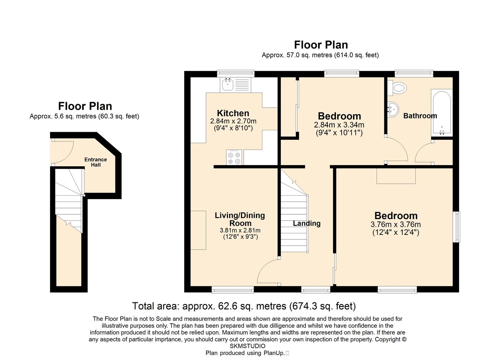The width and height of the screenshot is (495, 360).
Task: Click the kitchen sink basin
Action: point(228,85)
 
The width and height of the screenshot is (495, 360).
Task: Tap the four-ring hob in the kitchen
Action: point(234,158)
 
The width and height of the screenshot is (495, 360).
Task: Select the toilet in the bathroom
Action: point(397,88)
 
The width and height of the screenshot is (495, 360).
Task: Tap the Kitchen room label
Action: point(233,113)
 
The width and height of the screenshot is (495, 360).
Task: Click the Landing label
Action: point(307,223)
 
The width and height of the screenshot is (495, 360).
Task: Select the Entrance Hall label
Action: point(96,162)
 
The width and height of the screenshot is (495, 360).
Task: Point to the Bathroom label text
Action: point(420,116)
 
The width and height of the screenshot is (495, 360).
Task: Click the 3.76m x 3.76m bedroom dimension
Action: point(396,225)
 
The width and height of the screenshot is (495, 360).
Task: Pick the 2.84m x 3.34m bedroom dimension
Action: point(339,125)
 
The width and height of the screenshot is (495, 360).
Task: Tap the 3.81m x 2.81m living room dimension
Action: point(240,230)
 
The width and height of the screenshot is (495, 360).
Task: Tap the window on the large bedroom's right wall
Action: point(457,227)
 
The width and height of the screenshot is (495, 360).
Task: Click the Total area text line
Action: point(244,306)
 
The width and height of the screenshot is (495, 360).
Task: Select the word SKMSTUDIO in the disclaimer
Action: point(247,346)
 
